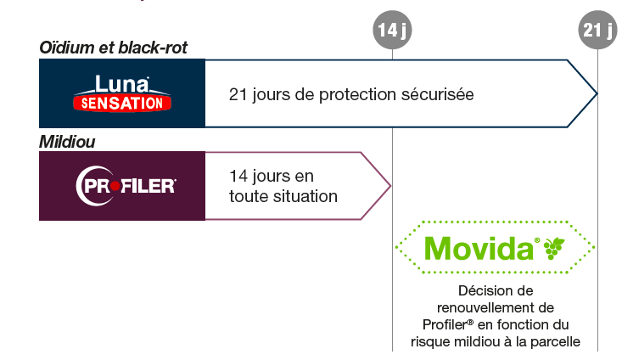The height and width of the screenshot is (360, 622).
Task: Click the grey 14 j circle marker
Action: coord(392,30)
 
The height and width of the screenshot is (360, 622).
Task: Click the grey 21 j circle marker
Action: coord(597,30)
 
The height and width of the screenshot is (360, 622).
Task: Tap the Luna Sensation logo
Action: coord(122,93)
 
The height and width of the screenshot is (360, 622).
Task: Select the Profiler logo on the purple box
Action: coord(126,186)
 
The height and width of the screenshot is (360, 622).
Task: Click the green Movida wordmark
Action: coord(479,249)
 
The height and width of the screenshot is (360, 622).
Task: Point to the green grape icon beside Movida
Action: coord(554,248)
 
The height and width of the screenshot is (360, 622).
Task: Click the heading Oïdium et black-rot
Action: coord(113,48)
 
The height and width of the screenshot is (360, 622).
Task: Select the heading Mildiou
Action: coord(67,142)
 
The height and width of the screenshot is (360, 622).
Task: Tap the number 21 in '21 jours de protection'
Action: coord(238,94)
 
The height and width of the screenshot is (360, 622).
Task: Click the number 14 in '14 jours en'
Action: coord(238,176)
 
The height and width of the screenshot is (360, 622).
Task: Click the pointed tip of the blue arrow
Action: coord(597,93)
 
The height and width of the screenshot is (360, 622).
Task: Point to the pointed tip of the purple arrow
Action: coord(390,186)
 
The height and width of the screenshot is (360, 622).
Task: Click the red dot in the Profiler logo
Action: coord(115,186)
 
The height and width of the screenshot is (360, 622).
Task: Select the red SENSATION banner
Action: coord(122,104)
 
